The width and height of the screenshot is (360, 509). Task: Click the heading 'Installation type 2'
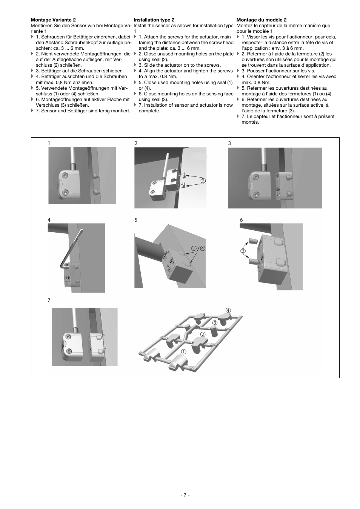point(154,20)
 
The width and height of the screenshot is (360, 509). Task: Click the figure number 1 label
point(49,143)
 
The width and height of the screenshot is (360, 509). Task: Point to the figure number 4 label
point(49,220)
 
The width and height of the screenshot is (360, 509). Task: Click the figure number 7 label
point(49,300)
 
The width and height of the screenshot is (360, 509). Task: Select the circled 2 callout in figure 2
point(203,181)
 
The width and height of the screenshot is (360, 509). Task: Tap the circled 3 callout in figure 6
point(243,251)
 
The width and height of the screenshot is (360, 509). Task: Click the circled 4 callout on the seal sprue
point(228,310)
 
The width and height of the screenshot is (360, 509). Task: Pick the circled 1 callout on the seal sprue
point(183,351)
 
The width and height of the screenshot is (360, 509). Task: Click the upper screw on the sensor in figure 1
point(66,176)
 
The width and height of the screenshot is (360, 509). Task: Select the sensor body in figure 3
point(258,185)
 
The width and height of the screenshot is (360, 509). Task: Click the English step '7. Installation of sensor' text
point(185,108)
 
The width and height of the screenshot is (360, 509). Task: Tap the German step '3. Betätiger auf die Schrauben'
point(80,71)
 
